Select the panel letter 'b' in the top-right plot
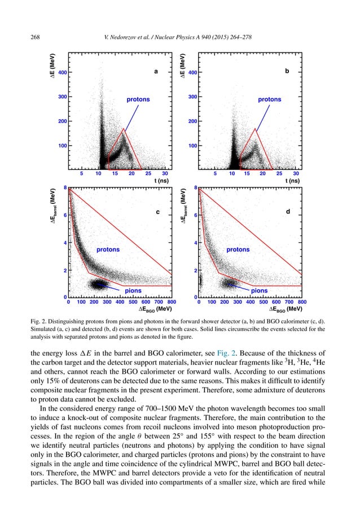coord(287,72)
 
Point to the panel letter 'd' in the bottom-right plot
coord(288,212)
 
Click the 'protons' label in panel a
coord(138,99)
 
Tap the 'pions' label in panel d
coord(259,291)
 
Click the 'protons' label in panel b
coord(270,99)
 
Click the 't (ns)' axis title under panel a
coord(163,181)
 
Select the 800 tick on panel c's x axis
coord(172,303)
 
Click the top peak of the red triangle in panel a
coord(124,129)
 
